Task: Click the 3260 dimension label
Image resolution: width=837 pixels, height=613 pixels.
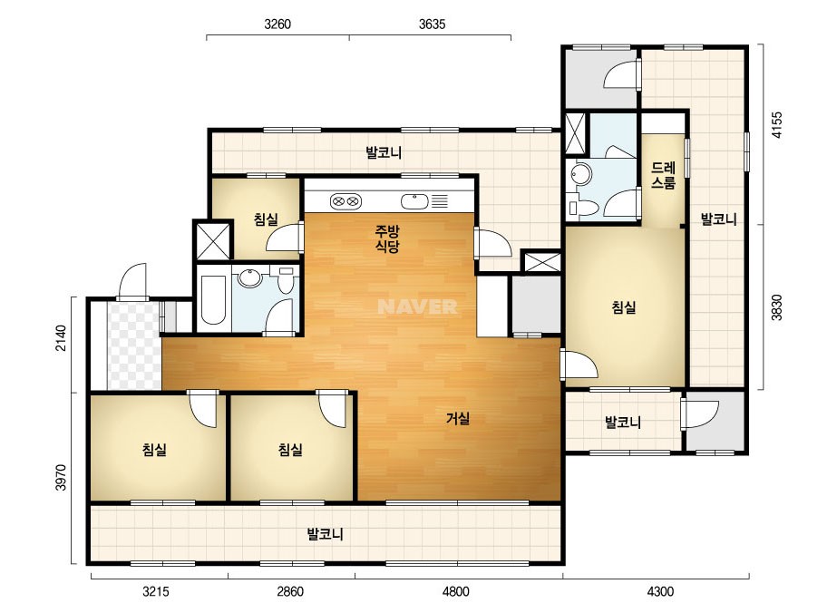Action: coord(277,24)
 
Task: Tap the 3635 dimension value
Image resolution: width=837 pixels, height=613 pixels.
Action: coord(432,24)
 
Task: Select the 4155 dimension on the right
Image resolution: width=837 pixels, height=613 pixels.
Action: coord(776,125)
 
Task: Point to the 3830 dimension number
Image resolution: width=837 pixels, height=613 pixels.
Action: coord(776,307)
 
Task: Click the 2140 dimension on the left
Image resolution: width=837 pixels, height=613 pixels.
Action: coord(62,338)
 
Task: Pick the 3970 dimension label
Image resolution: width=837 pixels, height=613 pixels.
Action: coord(62,478)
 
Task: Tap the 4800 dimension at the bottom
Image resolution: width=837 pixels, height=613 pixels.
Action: coord(456,591)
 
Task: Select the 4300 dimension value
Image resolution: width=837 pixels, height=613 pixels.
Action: coord(660,591)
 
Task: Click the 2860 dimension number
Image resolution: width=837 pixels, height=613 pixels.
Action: coord(290,591)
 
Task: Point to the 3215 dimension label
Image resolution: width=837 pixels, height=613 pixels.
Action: coord(155,591)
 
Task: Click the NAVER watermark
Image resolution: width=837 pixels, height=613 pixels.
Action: coord(417,306)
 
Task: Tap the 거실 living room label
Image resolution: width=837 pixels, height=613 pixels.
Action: coord(458,419)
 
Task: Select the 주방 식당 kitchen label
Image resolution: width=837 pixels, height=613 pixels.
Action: coord(387,238)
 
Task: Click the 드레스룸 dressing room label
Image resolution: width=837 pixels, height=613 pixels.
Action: coord(663,175)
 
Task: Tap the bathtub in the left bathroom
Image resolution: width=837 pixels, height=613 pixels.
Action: coord(213,299)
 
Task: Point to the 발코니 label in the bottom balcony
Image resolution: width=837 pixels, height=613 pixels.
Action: coord(325,534)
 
